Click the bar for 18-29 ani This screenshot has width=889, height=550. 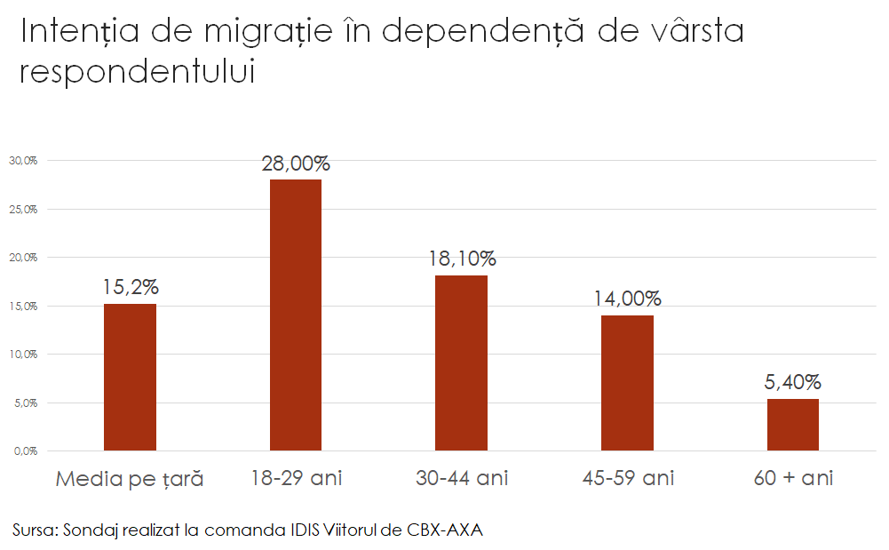296,315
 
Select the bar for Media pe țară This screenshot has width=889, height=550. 130,377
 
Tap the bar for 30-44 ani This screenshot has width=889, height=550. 461,363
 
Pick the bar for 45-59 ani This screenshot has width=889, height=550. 627,383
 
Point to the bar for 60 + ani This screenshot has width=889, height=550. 793,425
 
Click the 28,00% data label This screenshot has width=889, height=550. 296,163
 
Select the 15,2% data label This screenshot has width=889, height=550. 130,288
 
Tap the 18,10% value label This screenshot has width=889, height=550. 461,259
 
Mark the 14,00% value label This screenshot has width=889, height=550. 627,299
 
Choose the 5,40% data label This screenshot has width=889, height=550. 793,383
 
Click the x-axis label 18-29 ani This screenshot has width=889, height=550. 296,479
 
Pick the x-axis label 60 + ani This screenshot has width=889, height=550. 793,479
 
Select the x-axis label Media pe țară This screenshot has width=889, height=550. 130,480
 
